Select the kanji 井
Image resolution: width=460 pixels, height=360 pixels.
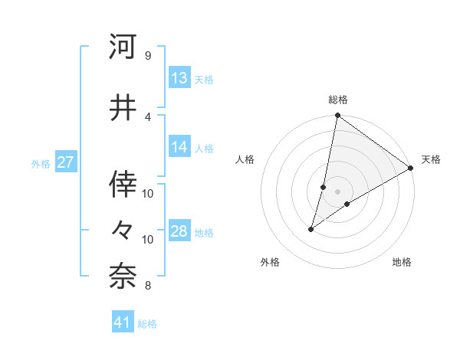(x=123, y=107)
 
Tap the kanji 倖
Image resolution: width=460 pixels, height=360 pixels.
(x=123, y=184)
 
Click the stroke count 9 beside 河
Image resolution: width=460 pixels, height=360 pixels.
(x=147, y=56)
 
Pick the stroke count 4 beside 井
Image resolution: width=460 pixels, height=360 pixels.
(x=147, y=116)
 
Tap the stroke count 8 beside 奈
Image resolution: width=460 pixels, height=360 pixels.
(x=147, y=286)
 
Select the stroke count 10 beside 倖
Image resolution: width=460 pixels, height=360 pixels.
(x=148, y=193)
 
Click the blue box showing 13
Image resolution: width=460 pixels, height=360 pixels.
(x=179, y=78)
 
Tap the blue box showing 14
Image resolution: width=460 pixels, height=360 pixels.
(x=179, y=147)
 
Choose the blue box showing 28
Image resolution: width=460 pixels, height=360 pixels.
(x=179, y=231)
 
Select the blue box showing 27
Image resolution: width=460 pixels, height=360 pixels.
(x=66, y=162)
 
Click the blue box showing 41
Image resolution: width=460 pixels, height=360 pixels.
(x=123, y=322)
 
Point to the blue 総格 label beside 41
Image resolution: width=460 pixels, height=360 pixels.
(x=147, y=324)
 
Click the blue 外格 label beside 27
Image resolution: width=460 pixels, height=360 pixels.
(x=41, y=164)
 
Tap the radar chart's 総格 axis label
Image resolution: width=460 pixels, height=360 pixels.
(x=338, y=100)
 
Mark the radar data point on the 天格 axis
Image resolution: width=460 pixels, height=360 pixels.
(x=411, y=168)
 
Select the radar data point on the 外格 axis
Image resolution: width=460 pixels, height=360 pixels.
(x=311, y=229)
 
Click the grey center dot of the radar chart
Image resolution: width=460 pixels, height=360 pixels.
(x=338, y=191)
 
